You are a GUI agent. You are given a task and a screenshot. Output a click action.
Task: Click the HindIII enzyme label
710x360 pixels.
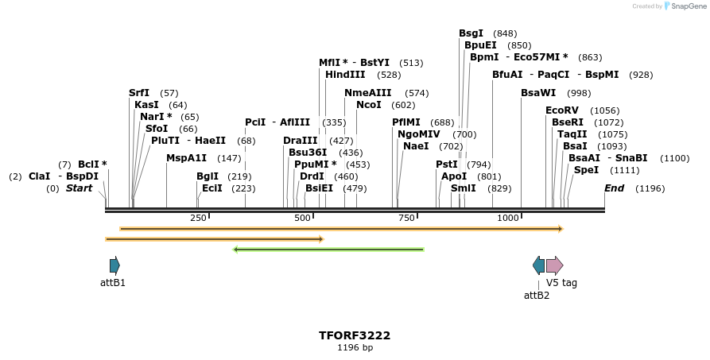coord(345,75)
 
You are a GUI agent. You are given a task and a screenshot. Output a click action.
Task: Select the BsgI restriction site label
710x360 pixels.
coord(471,33)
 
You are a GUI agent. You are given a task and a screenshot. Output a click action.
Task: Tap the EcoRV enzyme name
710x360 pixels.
coord(561,110)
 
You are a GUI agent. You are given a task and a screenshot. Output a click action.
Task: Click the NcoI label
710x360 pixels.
coord(369,105)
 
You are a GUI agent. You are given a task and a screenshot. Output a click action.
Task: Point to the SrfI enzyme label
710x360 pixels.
coord(139,93)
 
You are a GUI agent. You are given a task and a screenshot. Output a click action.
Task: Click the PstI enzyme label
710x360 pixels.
coord(447,165)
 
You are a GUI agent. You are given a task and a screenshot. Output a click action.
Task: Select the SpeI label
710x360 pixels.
coord(586,170)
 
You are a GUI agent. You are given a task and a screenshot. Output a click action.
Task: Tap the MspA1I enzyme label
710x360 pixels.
coord(186,158)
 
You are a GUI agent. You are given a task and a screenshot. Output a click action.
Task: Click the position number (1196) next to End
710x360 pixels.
coord(650,188)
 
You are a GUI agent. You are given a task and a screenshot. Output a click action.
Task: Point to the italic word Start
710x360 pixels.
coord(79,188)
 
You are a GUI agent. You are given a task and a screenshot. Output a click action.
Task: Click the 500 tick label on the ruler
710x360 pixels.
coord(302,218)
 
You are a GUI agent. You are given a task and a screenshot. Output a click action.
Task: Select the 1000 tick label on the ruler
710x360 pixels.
coord(507,218)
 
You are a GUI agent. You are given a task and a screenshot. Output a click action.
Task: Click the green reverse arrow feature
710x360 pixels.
coord(328,250)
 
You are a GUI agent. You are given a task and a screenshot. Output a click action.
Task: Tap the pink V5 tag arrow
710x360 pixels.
coord(554,265)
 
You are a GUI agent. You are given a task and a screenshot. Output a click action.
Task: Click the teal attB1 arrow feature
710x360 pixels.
coord(114,265)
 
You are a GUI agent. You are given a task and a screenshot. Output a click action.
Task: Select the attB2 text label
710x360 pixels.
coord(536,296)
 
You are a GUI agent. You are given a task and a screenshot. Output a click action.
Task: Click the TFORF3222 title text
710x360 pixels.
coord(355,335)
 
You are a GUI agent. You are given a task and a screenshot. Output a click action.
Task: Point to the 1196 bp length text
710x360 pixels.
coord(355,348)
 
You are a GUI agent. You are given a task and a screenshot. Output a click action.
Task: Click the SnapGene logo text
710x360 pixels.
coord(689,6)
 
